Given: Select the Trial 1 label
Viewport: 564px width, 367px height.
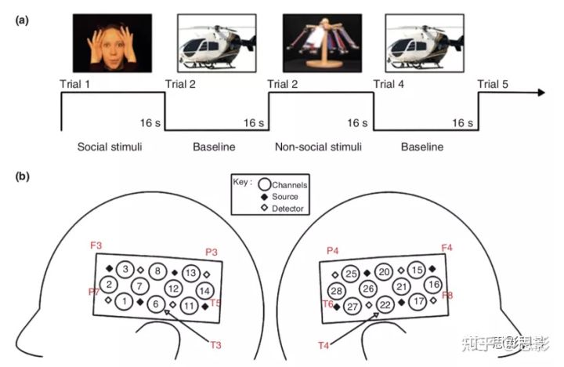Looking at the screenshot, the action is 77,83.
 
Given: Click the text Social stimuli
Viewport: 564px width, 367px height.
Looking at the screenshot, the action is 109,147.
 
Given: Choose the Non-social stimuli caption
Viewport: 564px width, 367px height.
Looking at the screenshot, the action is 320,147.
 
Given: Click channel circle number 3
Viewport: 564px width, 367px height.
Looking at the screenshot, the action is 125,270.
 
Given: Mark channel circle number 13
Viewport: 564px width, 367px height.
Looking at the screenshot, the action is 190,272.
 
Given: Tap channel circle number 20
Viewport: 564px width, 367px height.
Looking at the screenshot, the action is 384,271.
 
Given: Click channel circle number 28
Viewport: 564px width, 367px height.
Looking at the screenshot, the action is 336,291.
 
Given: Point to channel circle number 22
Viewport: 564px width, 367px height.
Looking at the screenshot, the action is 384,304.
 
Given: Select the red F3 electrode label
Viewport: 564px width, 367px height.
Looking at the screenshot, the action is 96,246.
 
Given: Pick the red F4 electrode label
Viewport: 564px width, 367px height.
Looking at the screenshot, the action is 446,248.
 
